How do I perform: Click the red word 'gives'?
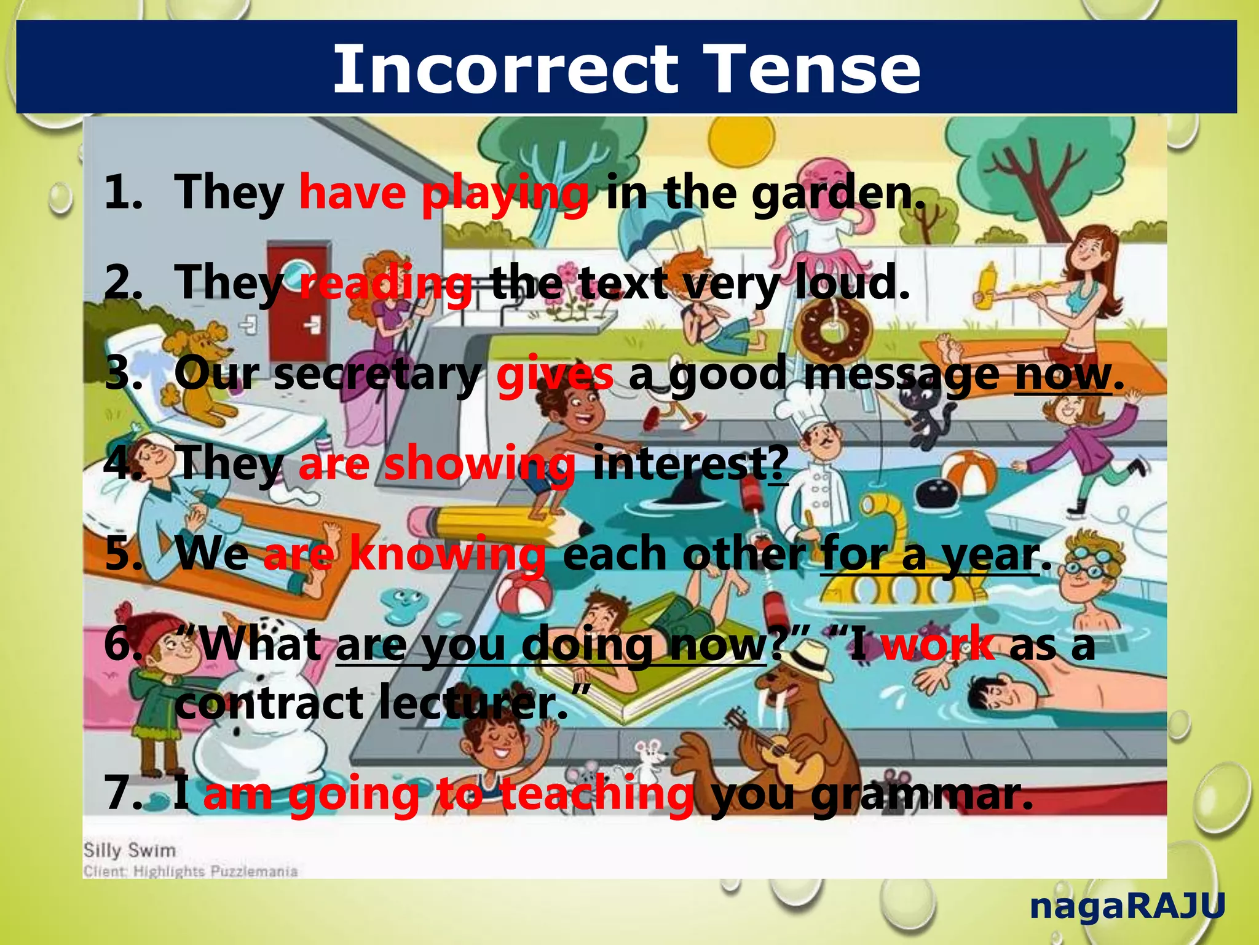(555, 374)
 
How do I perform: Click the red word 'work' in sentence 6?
(938, 645)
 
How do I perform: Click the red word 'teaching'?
(596, 794)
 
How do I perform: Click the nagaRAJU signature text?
(1127, 906)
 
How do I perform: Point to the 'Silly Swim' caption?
(130, 850)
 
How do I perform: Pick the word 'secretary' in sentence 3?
(376, 374)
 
